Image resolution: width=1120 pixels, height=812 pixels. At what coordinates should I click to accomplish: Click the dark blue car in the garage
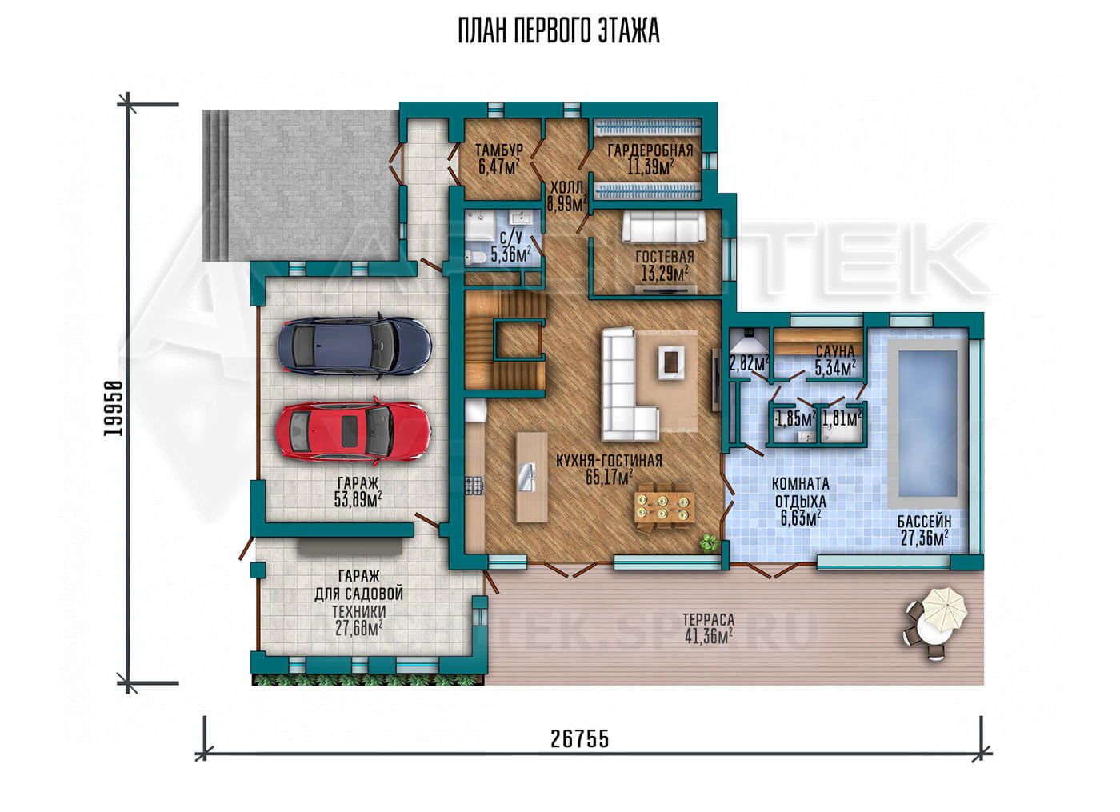[x=354, y=345]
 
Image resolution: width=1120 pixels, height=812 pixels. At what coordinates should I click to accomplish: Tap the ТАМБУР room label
[x=499, y=150]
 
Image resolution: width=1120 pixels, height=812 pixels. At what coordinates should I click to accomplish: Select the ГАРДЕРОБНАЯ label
[x=650, y=150]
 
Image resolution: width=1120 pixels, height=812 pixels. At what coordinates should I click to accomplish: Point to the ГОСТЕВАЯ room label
[x=665, y=257]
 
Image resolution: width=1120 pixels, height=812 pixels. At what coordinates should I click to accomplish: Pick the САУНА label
[x=835, y=351]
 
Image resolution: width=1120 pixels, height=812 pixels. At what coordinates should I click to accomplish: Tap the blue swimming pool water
[x=927, y=422]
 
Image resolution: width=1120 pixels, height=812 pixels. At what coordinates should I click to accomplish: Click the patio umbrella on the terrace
[x=944, y=611]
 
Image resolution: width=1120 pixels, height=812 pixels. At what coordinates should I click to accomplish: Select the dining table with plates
[x=664, y=507]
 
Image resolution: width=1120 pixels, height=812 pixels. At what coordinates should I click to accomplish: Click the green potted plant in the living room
[x=709, y=542]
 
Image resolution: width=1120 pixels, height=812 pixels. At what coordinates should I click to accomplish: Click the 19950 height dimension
[x=113, y=408]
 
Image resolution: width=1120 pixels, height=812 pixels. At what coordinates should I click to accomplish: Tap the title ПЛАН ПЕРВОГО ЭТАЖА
[x=559, y=31]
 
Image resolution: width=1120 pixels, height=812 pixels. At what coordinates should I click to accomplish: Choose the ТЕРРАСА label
[x=709, y=619]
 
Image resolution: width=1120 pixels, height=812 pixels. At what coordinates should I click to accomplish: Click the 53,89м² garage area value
[x=358, y=499]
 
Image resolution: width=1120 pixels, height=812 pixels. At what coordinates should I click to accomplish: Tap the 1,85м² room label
[x=795, y=419]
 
